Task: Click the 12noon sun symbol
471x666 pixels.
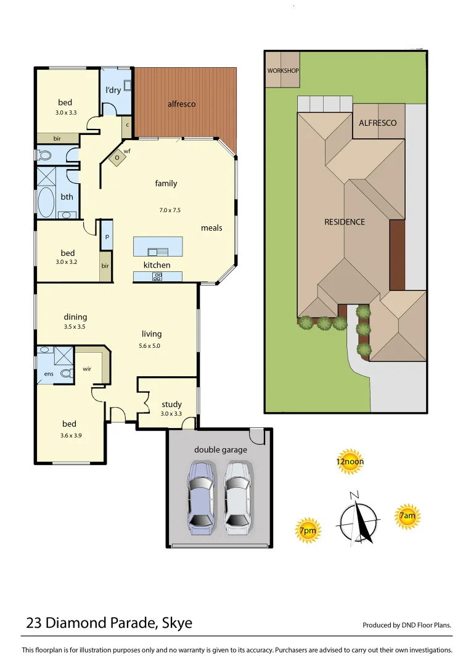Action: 350,461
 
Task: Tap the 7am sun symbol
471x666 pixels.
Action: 407,516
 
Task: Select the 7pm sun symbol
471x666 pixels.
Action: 308,530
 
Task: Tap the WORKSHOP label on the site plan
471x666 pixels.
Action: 283,71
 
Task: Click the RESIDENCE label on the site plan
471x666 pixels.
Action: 345,222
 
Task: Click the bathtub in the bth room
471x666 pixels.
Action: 46,201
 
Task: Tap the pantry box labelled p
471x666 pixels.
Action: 107,236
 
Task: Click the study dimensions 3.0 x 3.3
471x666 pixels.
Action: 171,414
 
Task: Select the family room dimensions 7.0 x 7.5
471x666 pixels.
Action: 170,210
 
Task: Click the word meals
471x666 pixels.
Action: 211,228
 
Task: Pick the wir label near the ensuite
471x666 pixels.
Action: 87,369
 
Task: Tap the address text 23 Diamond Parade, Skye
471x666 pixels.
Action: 109,623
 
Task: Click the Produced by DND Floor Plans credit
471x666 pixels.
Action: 407,625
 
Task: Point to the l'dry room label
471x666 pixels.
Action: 113,91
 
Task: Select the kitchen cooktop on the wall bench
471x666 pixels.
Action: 157,277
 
